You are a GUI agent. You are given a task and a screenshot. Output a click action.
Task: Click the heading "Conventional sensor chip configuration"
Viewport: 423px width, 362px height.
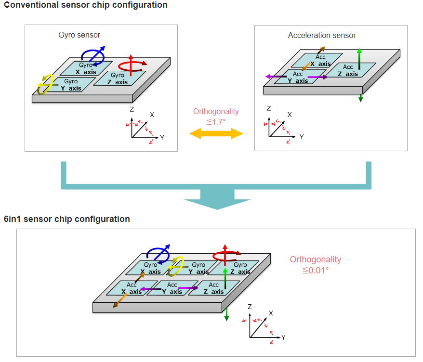point(86,5)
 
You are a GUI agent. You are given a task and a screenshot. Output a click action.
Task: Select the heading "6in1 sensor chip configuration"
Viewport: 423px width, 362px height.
point(67,219)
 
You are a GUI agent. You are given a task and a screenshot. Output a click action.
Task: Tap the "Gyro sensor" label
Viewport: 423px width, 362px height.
point(79,35)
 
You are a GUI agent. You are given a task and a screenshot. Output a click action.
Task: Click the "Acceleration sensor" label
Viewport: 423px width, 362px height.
point(322,35)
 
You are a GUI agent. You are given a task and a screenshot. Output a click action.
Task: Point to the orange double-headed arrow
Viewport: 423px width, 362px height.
point(216,133)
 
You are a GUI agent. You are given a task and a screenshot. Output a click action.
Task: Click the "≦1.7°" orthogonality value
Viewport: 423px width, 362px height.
point(216,122)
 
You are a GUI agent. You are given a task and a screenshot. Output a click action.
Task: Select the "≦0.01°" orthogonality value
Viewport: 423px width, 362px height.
point(315,271)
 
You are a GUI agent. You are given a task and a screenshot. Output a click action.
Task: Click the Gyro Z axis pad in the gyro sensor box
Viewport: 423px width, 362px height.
point(119,78)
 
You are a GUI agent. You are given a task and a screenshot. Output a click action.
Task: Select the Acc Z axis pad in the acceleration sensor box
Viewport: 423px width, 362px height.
point(348,70)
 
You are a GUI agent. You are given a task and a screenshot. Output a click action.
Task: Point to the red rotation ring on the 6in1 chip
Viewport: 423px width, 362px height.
point(227,255)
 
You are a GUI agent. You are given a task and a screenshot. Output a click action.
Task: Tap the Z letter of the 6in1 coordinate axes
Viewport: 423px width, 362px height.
point(250,307)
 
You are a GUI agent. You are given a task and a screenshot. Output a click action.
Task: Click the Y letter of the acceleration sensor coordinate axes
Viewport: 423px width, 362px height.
point(302,137)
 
